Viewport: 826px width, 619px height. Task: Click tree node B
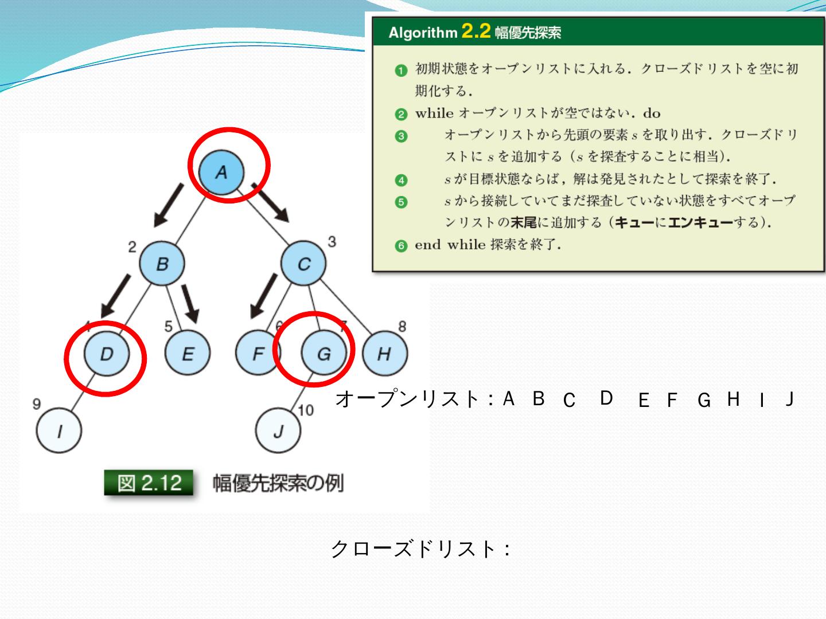pyautogui.click(x=162, y=264)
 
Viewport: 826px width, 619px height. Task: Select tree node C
pyautogui.click(x=303, y=264)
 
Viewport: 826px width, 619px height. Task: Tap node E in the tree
pyautogui.click(x=188, y=354)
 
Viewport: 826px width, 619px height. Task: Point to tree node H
pyautogui.click(x=384, y=354)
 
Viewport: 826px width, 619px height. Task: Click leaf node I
pyautogui.click(x=59, y=431)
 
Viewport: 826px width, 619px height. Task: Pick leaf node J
pyautogui.click(x=278, y=431)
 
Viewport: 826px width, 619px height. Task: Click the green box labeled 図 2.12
pyautogui.click(x=149, y=483)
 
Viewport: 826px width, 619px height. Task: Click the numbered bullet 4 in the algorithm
pyautogui.click(x=401, y=180)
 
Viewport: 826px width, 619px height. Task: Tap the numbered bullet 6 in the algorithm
pyautogui.click(x=401, y=246)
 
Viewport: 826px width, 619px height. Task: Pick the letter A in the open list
pyautogui.click(x=508, y=398)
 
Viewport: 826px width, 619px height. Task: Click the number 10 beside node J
pyautogui.click(x=306, y=410)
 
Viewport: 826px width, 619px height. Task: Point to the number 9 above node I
pyautogui.click(x=37, y=404)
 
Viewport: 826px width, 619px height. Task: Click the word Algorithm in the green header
pyautogui.click(x=423, y=33)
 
